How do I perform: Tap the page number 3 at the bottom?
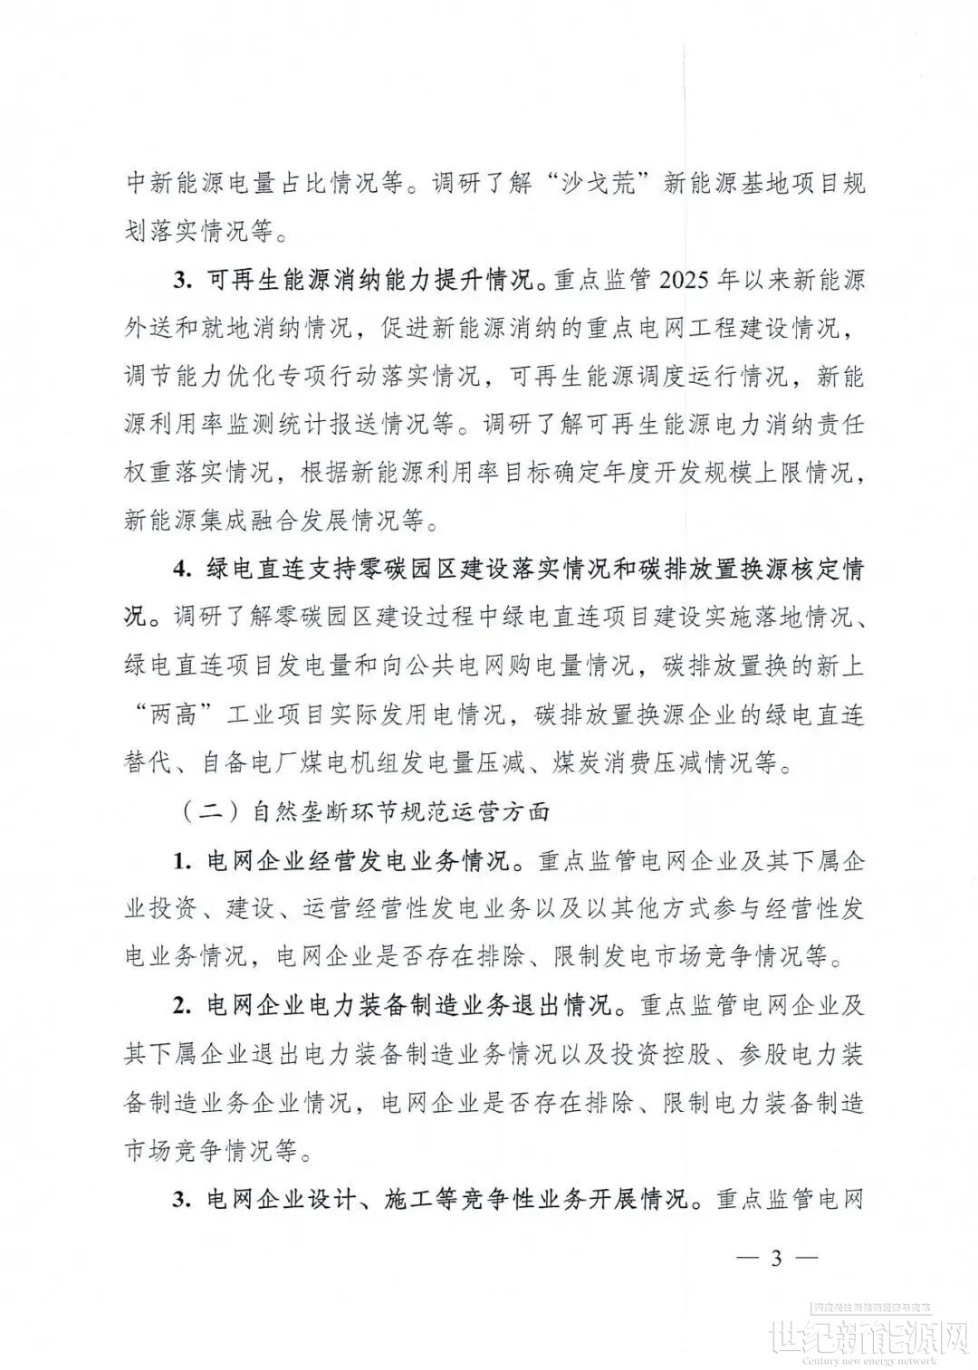pos(775,1258)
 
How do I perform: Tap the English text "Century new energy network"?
pos(870,1359)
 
